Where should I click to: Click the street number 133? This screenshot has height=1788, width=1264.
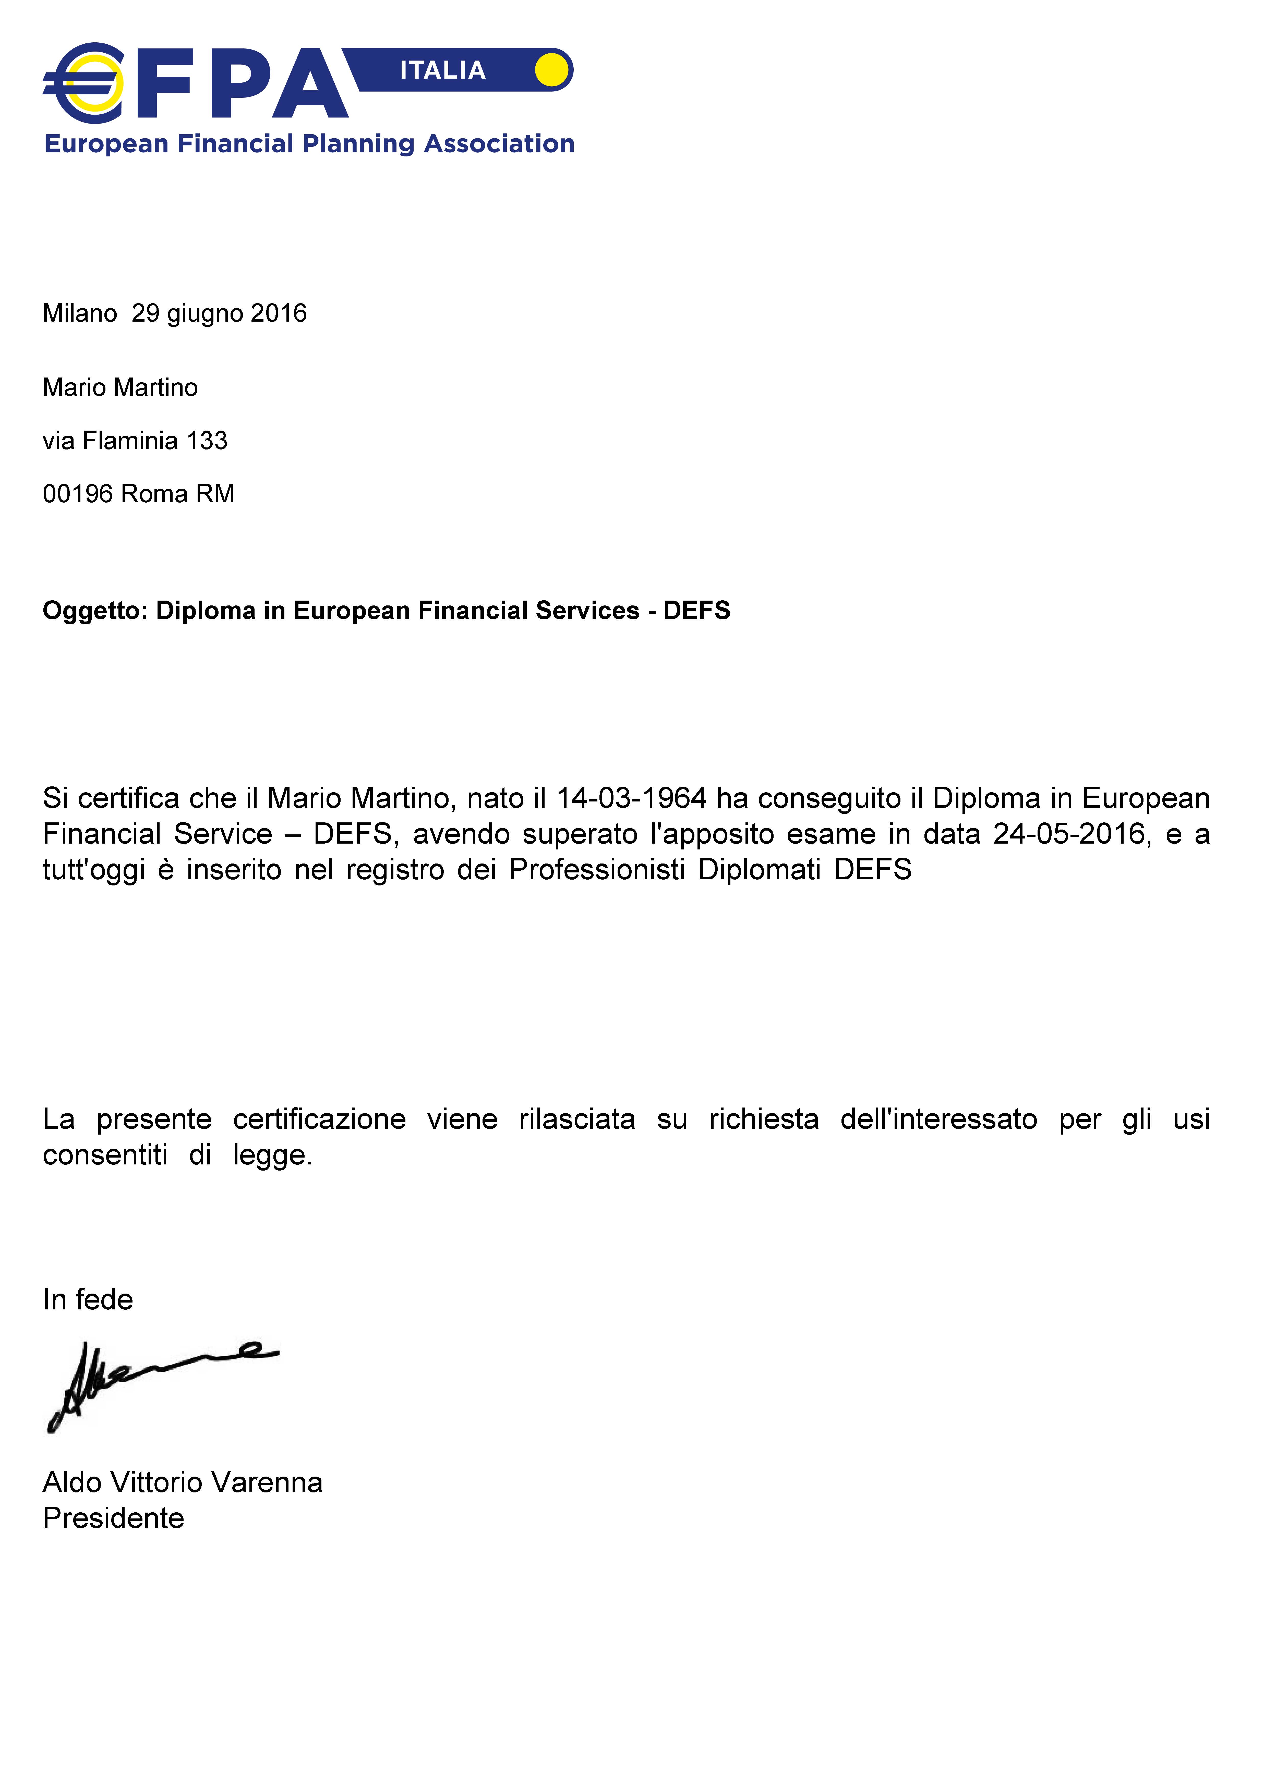(207, 441)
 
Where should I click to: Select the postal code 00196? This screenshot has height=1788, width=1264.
(78, 494)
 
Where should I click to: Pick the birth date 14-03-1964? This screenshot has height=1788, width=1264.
(632, 798)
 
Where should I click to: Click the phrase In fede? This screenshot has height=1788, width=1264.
(88, 1300)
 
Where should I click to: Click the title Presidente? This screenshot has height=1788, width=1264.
(114, 1518)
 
